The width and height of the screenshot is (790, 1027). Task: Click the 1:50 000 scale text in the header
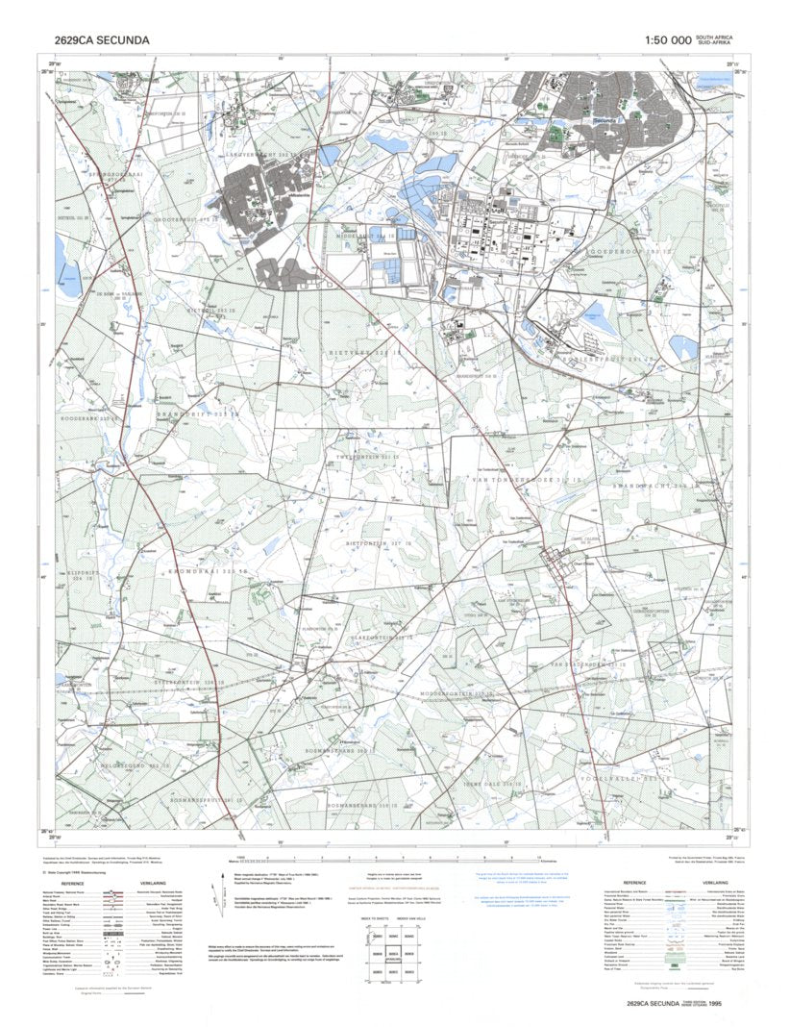click(x=668, y=40)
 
